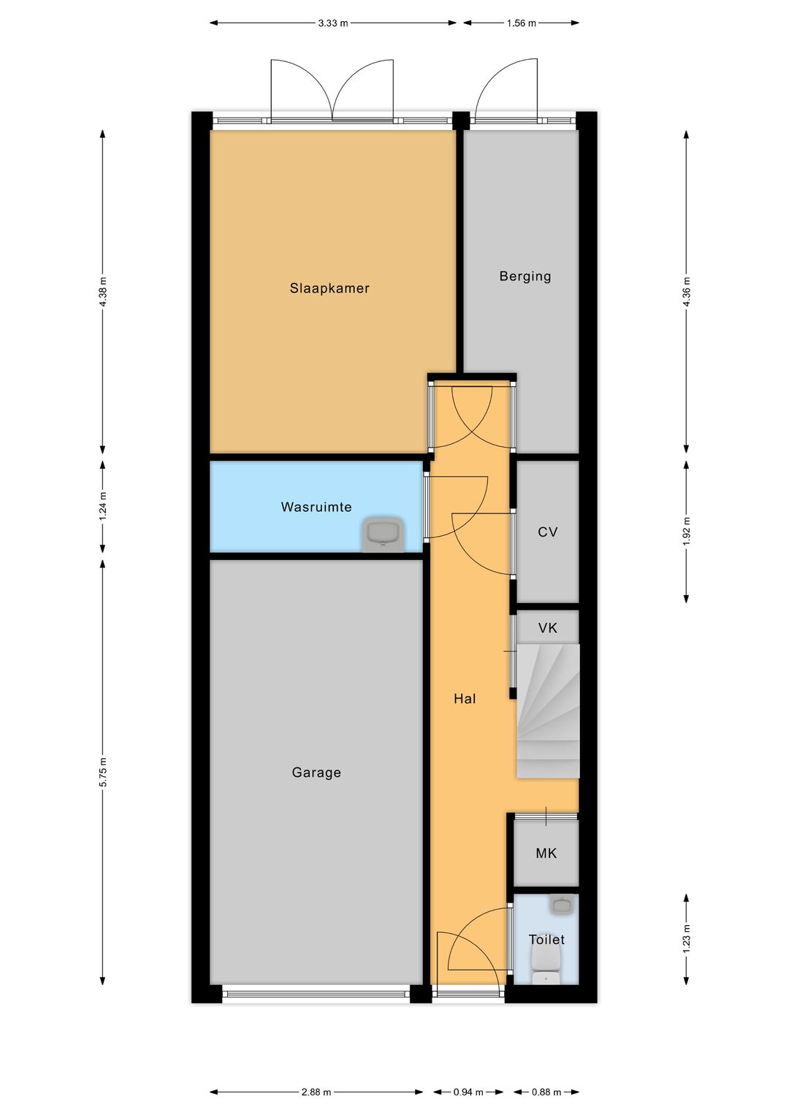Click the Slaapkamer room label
click(329, 288)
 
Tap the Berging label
click(525, 276)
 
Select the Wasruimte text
click(316, 507)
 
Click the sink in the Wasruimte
click(383, 535)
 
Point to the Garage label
click(316, 772)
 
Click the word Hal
click(465, 698)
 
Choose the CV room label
click(547, 532)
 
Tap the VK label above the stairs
click(547, 628)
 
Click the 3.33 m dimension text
click(332, 23)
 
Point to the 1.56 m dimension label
click(521, 23)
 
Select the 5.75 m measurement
click(103, 772)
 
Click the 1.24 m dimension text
click(103, 506)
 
